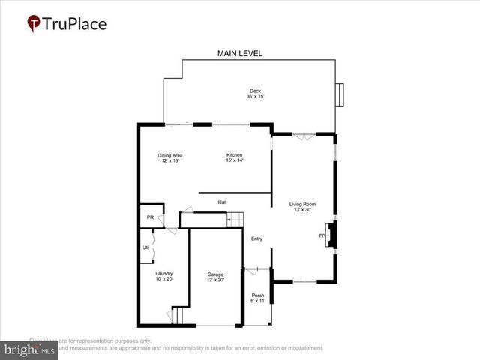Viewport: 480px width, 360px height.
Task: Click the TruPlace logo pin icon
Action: click(34, 23)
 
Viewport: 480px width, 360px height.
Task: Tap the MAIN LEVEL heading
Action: click(240, 53)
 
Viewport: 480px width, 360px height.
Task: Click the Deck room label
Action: click(255, 91)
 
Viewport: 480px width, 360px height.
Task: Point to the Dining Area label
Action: click(170, 156)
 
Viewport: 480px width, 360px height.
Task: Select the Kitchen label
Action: click(235, 156)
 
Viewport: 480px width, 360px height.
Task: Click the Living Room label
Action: click(303, 204)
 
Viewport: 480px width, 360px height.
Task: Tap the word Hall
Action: click(223, 202)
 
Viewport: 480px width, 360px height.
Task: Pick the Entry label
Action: click(256, 238)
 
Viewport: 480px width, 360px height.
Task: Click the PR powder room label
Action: click(150, 217)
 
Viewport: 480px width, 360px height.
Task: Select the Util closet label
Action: click(146, 247)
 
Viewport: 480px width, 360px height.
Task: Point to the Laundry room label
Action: click(164, 274)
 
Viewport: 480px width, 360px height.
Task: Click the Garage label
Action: click(215, 274)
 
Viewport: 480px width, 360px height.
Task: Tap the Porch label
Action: click(258, 295)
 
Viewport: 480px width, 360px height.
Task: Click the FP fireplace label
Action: click(322, 236)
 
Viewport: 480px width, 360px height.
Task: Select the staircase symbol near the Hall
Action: click(235, 219)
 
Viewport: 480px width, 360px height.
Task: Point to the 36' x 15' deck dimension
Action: click(255, 97)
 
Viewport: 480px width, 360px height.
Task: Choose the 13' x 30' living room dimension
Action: click(303, 209)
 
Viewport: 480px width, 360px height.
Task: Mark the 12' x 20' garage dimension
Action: click(215, 280)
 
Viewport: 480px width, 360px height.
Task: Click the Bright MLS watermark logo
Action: click(30, 350)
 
